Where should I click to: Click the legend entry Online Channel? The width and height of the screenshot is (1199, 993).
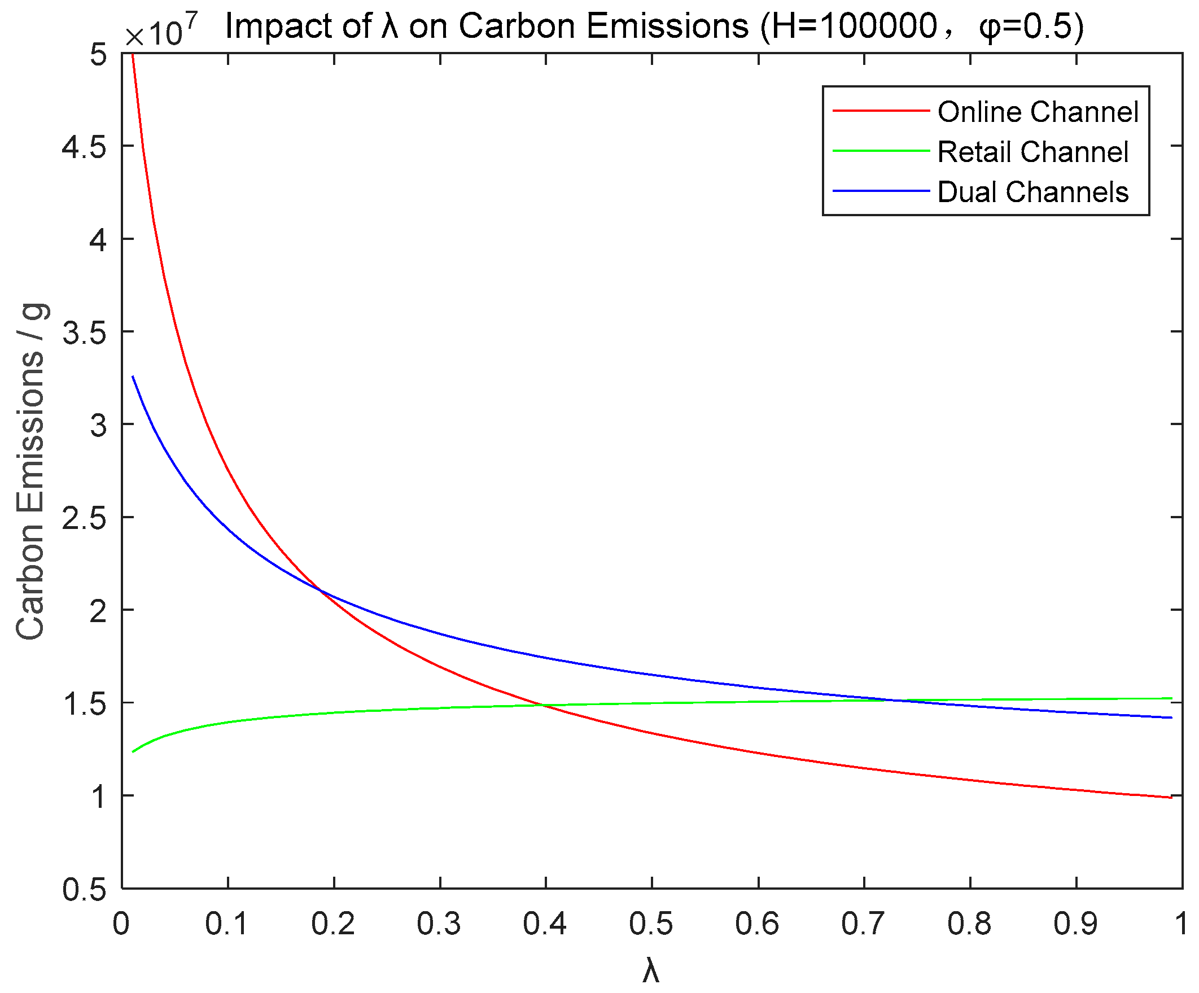pyautogui.click(x=1038, y=112)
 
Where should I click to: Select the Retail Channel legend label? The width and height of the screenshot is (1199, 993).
pyautogui.click(x=1032, y=152)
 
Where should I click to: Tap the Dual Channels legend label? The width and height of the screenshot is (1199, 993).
pyautogui.click(x=1032, y=192)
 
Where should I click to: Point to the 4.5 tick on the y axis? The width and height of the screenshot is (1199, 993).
pyautogui.click(x=85, y=147)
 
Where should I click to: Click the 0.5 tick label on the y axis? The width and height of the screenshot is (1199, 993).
pyautogui.click(x=85, y=890)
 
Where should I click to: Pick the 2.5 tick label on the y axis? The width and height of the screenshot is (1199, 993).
pyautogui.click(x=85, y=518)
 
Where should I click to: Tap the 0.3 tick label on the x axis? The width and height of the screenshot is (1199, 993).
pyautogui.click(x=439, y=924)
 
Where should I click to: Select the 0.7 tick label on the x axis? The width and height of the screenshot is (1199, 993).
pyautogui.click(x=863, y=924)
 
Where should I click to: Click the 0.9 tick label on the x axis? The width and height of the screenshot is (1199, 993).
pyautogui.click(x=1076, y=924)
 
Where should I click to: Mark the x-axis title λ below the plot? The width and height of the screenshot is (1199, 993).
pyautogui.click(x=651, y=970)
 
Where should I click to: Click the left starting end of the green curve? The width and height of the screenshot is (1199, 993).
pyautogui.click(x=133, y=752)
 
